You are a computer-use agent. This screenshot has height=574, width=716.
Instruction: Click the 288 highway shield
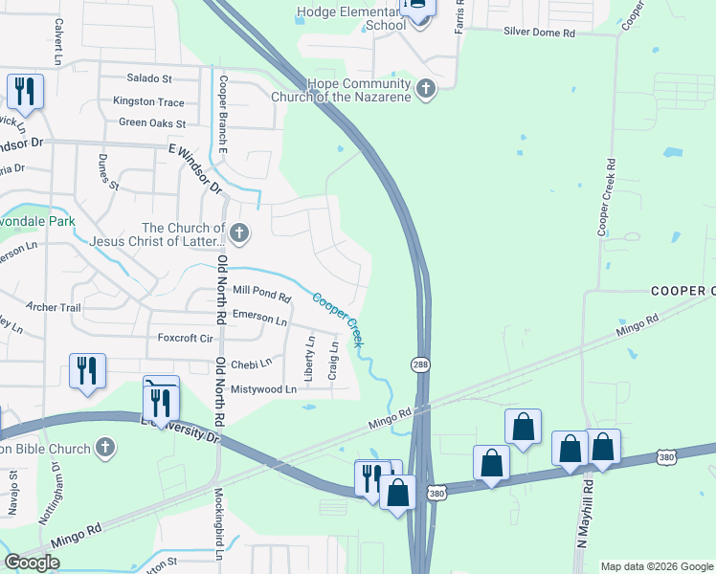click(x=420, y=364)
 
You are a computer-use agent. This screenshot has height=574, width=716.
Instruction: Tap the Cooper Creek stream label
click(x=336, y=319)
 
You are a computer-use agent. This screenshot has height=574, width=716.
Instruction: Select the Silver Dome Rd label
click(x=540, y=33)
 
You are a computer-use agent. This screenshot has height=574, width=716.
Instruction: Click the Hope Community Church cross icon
click(x=426, y=91)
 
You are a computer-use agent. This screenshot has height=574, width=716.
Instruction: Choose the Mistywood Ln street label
click(x=264, y=389)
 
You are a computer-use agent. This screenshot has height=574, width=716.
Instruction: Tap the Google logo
click(x=32, y=563)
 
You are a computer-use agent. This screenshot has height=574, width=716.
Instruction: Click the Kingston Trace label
click(x=148, y=100)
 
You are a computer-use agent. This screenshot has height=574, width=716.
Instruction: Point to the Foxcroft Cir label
click(x=186, y=338)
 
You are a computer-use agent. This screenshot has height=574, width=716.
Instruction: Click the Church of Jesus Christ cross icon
click(x=239, y=232)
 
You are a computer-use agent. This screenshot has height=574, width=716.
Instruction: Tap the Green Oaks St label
click(x=152, y=122)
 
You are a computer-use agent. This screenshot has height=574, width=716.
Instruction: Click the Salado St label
click(x=149, y=78)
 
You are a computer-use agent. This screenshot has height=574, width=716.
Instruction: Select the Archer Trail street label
click(x=54, y=307)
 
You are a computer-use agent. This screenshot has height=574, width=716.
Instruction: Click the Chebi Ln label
click(x=253, y=363)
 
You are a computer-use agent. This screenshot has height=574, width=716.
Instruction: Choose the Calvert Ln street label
click(x=58, y=41)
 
